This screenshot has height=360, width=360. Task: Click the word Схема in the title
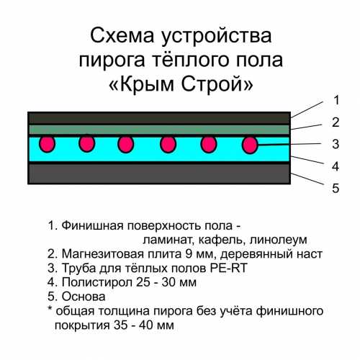point(122,36)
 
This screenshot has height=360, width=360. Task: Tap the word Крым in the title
point(147,84)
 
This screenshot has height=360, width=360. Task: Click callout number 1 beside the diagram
point(337,100)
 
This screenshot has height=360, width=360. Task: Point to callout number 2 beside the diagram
point(336,122)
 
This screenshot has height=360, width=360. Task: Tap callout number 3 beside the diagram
point(336,144)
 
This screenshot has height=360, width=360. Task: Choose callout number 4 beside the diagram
point(336,166)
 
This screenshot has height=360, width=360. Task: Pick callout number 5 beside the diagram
point(336,188)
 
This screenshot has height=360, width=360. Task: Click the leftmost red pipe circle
point(48,144)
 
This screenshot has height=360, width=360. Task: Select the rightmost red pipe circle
point(250,145)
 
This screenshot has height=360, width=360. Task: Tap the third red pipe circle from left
point(126,145)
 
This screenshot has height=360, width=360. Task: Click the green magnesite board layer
point(159,130)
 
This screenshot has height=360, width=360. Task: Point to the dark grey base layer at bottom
point(159,174)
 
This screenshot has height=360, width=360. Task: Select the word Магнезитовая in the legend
point(103,254)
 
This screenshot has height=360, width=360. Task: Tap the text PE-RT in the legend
point(228,268)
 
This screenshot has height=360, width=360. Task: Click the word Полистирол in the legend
point(97,282)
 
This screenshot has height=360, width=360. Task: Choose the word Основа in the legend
point(84,297)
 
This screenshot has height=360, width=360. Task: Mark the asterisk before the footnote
point(50,309)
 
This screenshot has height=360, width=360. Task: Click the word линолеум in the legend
point(278,240)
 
